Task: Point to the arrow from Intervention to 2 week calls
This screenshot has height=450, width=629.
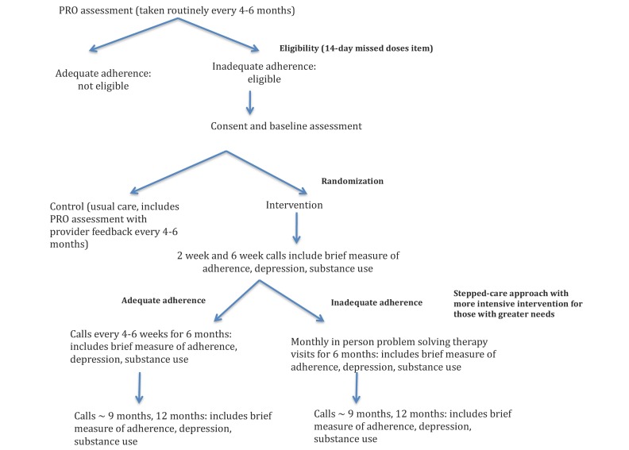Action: pos(296,229)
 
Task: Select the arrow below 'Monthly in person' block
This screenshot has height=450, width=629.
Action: pos(357,388)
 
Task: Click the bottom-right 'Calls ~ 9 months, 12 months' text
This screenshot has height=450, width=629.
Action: pos(413,426)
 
